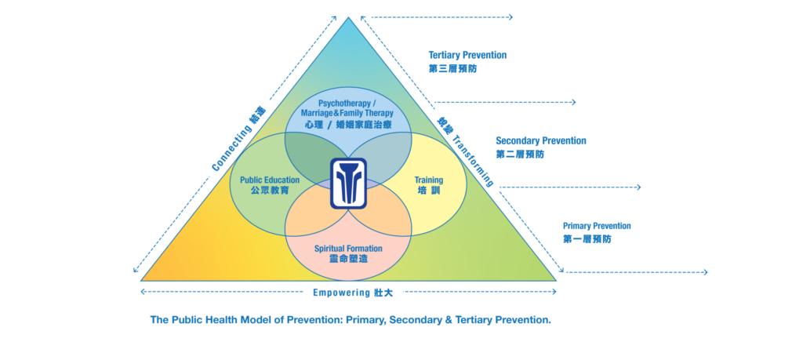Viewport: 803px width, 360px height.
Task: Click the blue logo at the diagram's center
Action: [x=348, y=184]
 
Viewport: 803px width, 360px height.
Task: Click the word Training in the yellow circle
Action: [x=428, y=180]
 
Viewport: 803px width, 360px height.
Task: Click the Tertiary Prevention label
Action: [x=467, y=56]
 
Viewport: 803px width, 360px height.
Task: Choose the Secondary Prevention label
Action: [x=541, y=141]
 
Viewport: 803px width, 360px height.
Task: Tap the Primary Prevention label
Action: [x=597, y=226]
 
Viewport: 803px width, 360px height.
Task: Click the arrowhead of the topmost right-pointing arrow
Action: [x=511, y=16]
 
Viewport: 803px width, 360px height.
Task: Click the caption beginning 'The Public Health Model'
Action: [x=351, y=320]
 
